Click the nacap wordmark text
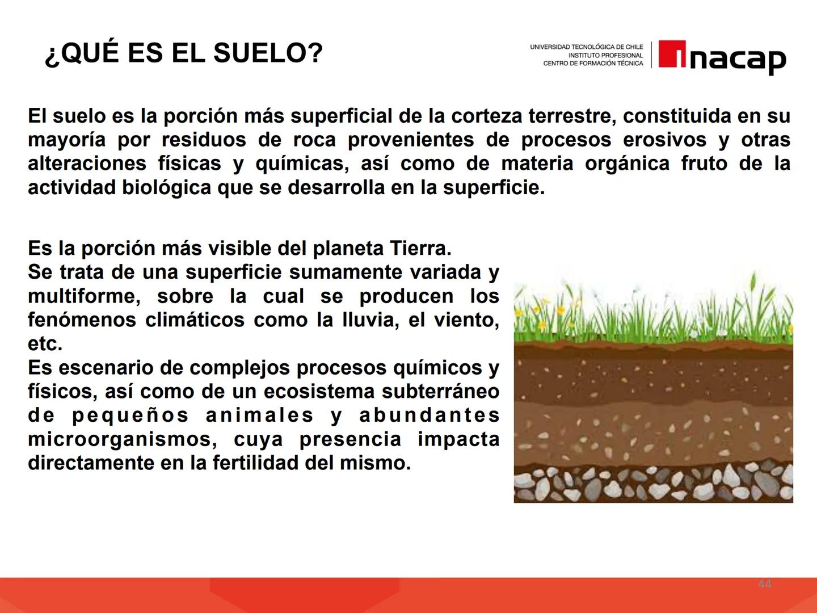click(x=737, y=58)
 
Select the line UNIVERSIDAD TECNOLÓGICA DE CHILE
click(x=587, y=47)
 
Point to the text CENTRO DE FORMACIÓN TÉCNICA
click(x=593, y=64)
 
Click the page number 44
click(x=764, y=584)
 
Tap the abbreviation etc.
click(x=45, y=344)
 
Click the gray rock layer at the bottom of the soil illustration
click(x=652, y=485)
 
